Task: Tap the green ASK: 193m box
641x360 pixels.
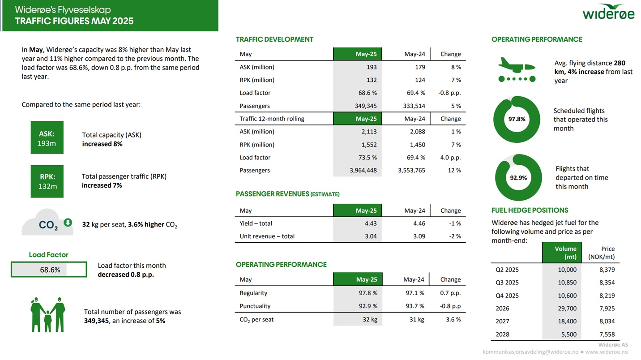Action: pos(47,137)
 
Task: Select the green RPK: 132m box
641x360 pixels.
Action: pos(47,181)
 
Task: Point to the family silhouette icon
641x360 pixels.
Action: pos(48,314)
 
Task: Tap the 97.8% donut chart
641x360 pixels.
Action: pos(517,119)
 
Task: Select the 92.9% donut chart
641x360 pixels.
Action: pos(518,178)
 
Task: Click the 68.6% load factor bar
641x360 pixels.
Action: pos(48,270)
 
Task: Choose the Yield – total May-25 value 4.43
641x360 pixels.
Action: pos(370,223)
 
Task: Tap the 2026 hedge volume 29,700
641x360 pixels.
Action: pos(567,309)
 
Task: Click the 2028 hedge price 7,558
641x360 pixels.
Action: pos(607,334)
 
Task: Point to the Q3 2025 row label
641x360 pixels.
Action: pos(507,283)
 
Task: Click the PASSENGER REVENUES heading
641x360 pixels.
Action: pos(287,194)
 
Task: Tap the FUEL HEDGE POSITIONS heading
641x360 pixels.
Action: pos(530,210)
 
